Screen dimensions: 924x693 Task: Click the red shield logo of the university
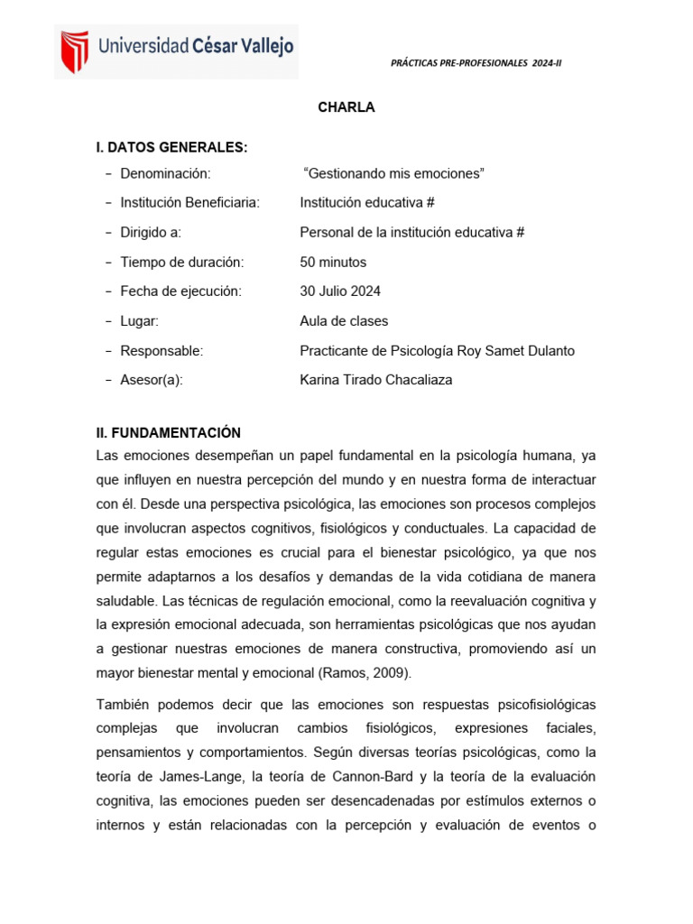pyautogui.click(x=74, y=51)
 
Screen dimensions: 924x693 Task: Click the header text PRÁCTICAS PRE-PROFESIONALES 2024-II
pyautogui.click(x=476, y=63)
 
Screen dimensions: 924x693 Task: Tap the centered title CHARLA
pyautogui.click(x=346, y=107)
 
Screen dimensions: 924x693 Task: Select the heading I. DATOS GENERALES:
pyautogui.click(x=171, y=147)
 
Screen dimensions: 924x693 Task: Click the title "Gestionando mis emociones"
pyautogui.click(x=395, y=173)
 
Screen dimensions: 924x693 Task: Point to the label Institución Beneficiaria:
pyautogui.click(x=189, y=203)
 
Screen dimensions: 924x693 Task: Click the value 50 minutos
pyautogui.click(x=333, y=262)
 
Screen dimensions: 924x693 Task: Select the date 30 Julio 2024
pyautogui.click(x=340, y=291)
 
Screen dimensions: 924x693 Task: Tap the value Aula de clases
pyautogui.click(x=344, y=321)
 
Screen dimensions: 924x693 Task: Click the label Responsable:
pyautogui.click(x=162, y=350)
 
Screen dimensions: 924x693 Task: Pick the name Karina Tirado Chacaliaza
pyautogui.click(x=375, y=380)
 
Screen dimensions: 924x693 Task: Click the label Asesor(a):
pyautogui.click(x=152, y=380)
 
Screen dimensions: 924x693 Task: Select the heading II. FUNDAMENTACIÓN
pyautogui.click(x=169, y=432)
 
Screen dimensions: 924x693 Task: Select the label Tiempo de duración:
pyautogui.click(x=182, y=262)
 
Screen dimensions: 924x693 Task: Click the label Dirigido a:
pyautogui.click(x=151, y=232)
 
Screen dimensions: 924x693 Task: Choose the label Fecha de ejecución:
pyautogui.click(x=181, y=291)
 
